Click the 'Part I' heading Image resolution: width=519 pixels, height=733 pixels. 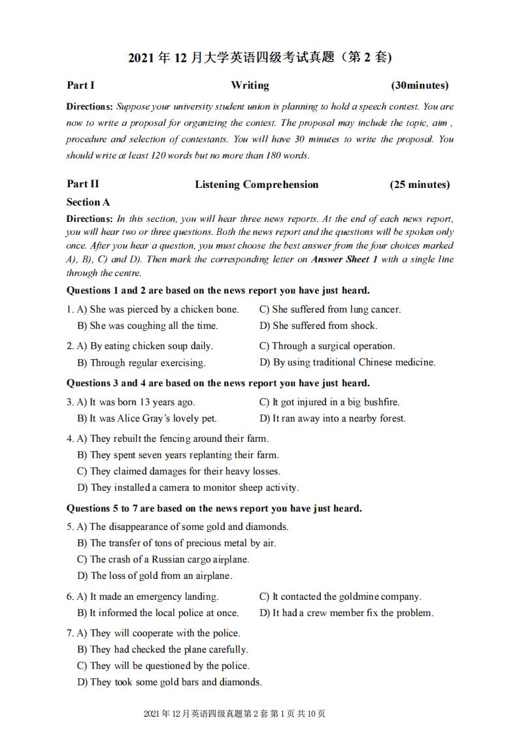coord(80,86)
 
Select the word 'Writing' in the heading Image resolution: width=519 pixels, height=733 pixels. coord(250,86)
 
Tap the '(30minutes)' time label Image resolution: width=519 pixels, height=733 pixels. coord(420,86)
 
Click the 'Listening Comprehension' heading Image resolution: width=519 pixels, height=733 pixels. coord(256,185)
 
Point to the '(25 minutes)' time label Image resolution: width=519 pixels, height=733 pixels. coord(420,185)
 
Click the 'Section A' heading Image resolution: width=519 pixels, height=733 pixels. coord(88,202)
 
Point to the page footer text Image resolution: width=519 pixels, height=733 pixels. coord(234,714)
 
